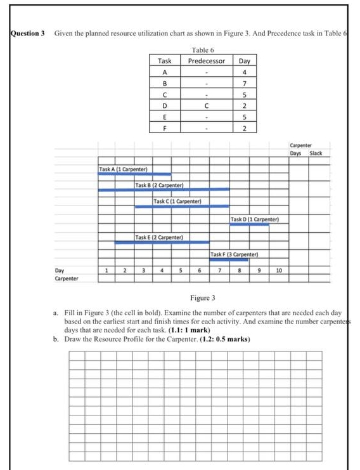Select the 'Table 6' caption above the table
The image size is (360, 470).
[203, 49]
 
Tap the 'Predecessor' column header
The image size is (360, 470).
[206, 61]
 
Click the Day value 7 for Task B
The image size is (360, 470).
[244, 84]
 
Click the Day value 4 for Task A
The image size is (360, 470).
[244, 72]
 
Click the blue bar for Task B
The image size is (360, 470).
[164, 190]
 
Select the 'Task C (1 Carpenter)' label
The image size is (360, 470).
[177, 202]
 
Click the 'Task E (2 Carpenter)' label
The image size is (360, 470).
[159, 237]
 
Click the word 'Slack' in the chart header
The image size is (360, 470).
[316, 153]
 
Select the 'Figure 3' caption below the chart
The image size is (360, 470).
[203, 297]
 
